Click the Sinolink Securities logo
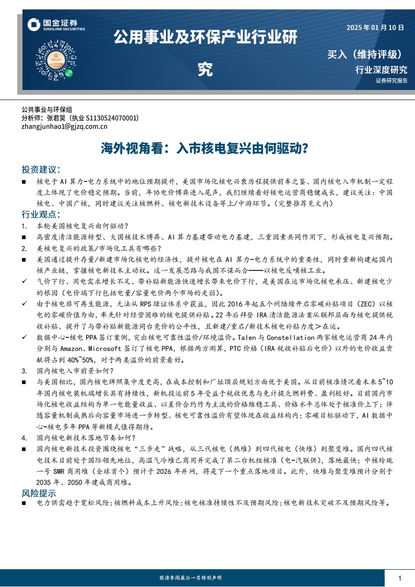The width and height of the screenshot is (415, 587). pos(56,25)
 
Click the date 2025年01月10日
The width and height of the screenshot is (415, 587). pos(375,28)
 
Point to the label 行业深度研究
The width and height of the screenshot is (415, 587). pos(381,70)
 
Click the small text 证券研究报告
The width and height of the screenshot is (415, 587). pos(391,81)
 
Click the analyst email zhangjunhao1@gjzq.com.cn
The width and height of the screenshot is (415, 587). pos(64,126)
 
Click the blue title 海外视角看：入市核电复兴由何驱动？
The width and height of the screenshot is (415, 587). pos(204,148)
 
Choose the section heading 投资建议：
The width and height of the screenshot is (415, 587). pos(41,170)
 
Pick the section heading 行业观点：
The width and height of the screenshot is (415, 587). pos(41,215)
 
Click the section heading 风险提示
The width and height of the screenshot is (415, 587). pos(39,493)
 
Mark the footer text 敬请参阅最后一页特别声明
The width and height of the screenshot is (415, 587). pos(190,578)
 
